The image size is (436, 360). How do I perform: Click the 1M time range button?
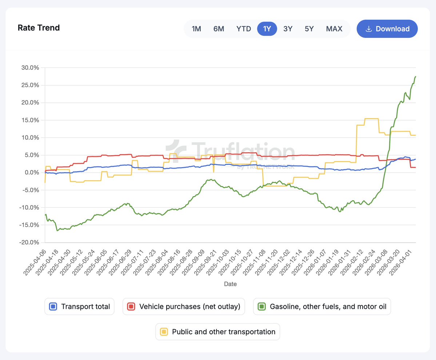click(196, 29)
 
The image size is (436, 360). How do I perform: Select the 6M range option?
click(219, 29)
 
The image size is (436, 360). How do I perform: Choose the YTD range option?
click(244, 29)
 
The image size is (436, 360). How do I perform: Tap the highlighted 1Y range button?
click(267, 29)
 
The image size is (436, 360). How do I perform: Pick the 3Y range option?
click(288, 29)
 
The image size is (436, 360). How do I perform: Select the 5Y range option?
click(309, 29)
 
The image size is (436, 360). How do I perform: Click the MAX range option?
click(334, 29)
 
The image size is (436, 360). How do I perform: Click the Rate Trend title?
click(39, 28)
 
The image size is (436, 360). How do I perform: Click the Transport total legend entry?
click(80, 307)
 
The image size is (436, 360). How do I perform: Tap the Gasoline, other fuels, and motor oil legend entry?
click(322, 307)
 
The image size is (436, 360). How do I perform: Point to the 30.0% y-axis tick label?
click(31, 68)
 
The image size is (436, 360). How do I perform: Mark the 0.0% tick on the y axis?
click(32, 173)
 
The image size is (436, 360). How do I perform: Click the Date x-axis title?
click(230, 284)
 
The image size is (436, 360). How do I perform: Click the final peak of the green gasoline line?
click(415, 77)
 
